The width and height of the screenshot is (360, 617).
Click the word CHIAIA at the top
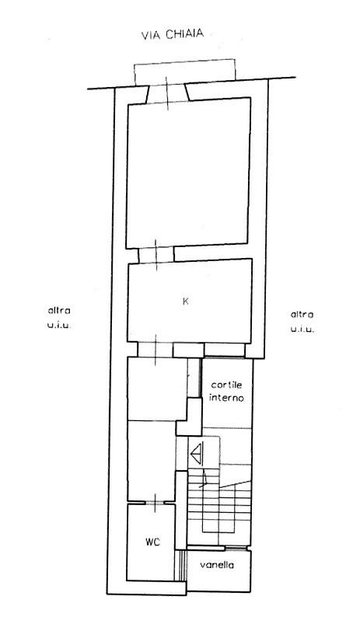[x=184, y=34]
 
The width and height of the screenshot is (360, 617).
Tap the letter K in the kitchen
[x=186, y=302]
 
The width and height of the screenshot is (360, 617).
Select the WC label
[x=153, y=542]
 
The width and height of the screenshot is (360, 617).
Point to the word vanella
[x=217, y=565]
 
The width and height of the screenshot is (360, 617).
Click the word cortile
[x=226, y=385]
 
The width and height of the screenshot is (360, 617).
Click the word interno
[x=226, y=397]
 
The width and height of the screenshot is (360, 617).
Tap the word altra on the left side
[x=59, y=311]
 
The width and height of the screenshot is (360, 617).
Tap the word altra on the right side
[x=302, y=315]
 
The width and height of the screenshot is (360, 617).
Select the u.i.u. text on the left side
[x=59, y=326]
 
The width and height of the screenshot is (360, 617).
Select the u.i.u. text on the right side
[x=302, y=329]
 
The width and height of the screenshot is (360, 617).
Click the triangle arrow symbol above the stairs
[x=197, y=454]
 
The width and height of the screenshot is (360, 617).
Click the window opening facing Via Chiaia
[x=168, y=95]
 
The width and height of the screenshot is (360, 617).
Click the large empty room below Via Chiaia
[x=188, y=173]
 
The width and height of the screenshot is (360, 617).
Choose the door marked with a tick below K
[x=156, y=350]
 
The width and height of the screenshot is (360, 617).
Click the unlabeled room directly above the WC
[x=152, y=460]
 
